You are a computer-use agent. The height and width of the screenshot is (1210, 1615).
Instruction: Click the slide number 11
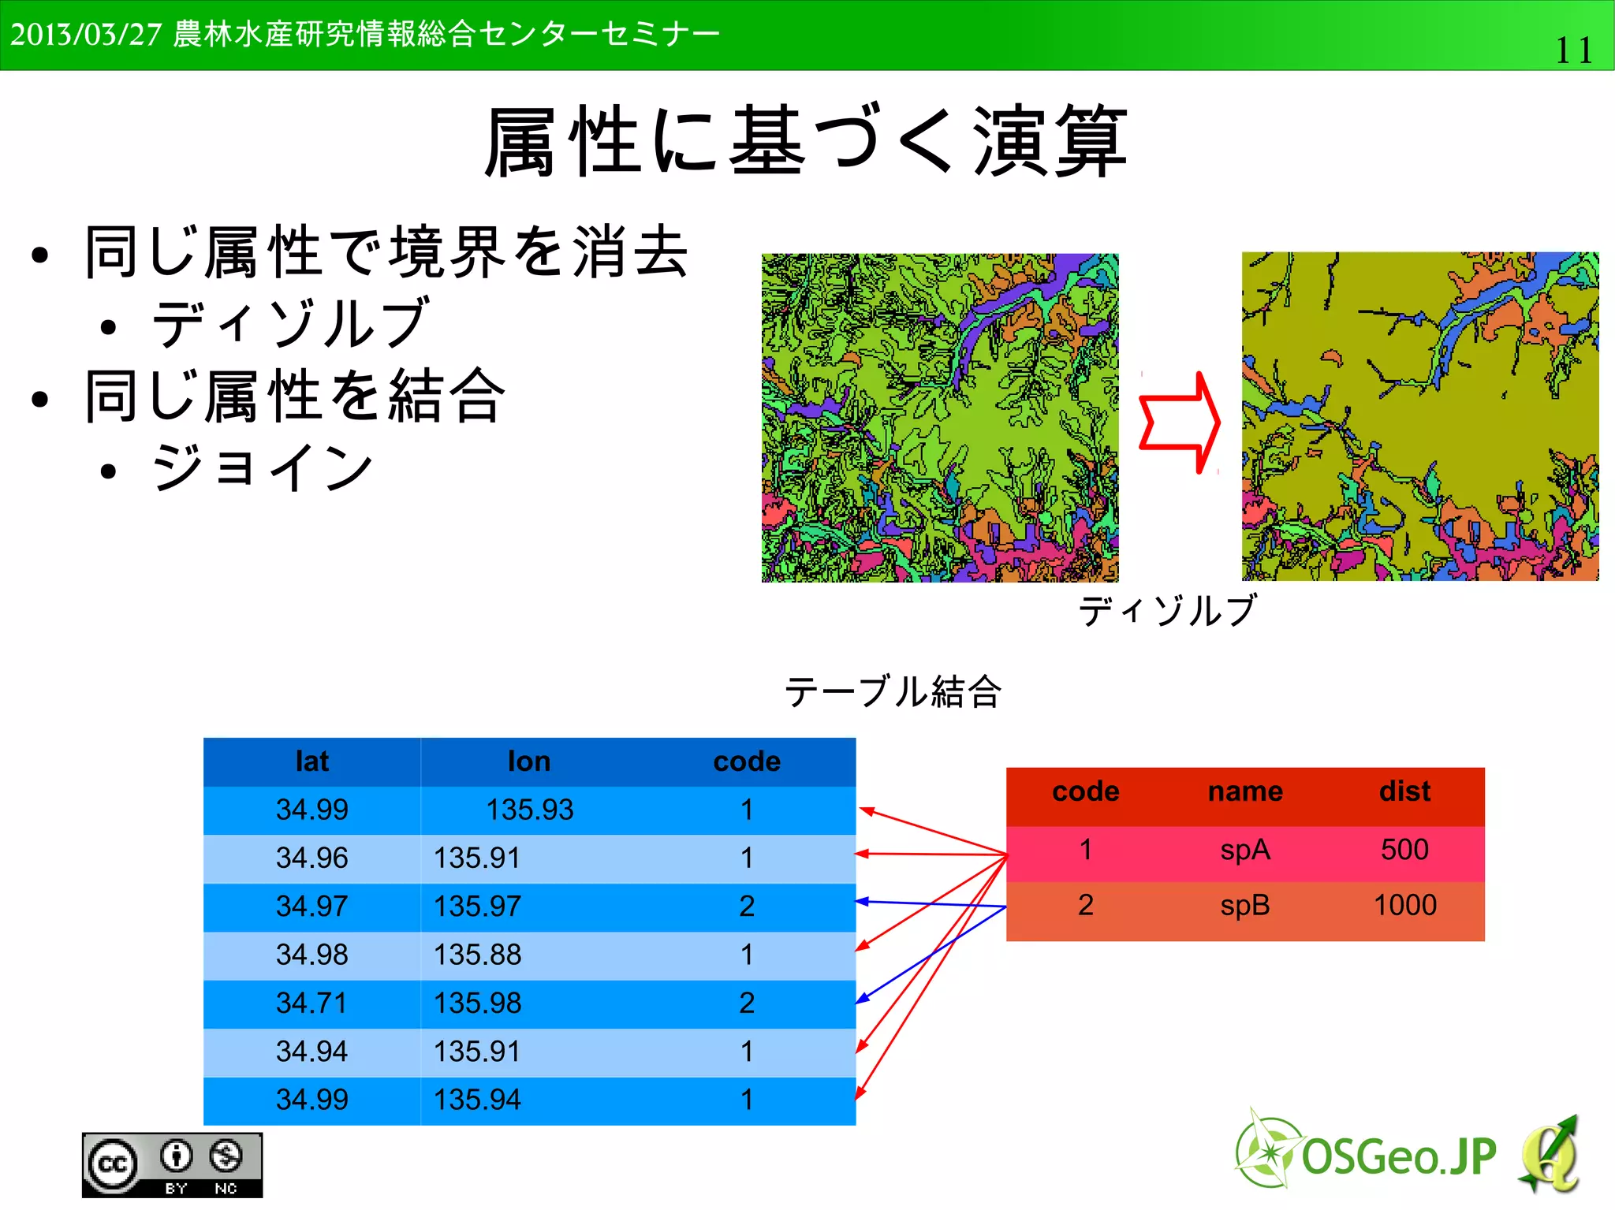click(1572, 50)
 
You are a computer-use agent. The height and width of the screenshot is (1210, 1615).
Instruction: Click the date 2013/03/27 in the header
click(85, 35)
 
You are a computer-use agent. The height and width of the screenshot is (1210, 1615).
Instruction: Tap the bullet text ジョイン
click(263, 467)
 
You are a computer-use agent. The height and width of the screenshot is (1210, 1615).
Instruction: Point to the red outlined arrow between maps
click(1180, 423)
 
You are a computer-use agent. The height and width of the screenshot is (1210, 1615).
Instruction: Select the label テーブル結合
click(893, 692)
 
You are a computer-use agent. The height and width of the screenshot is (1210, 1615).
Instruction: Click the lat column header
click(311, 761)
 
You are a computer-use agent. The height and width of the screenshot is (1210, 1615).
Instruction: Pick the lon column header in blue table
click(528, 761)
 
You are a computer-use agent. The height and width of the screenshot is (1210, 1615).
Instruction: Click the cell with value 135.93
click(529, 810)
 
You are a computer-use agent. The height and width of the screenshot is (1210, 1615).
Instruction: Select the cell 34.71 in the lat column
click(311, 1003)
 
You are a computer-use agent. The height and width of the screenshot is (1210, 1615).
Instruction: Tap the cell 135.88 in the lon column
click(477, 955)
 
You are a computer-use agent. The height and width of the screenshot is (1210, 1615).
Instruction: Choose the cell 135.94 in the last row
click(477, 1100)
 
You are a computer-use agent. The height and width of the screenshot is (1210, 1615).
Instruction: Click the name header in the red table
click(1245, 791)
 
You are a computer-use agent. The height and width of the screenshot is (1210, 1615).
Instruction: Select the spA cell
click(1245, 851)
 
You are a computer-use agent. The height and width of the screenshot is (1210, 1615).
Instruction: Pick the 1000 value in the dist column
click(1404, 905)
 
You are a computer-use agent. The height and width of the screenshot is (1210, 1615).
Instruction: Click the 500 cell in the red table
click(1404, 850)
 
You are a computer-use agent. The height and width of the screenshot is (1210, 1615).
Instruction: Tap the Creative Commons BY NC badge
click(172, 1165)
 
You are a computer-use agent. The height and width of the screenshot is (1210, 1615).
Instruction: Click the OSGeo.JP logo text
click(1398, 1157)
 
